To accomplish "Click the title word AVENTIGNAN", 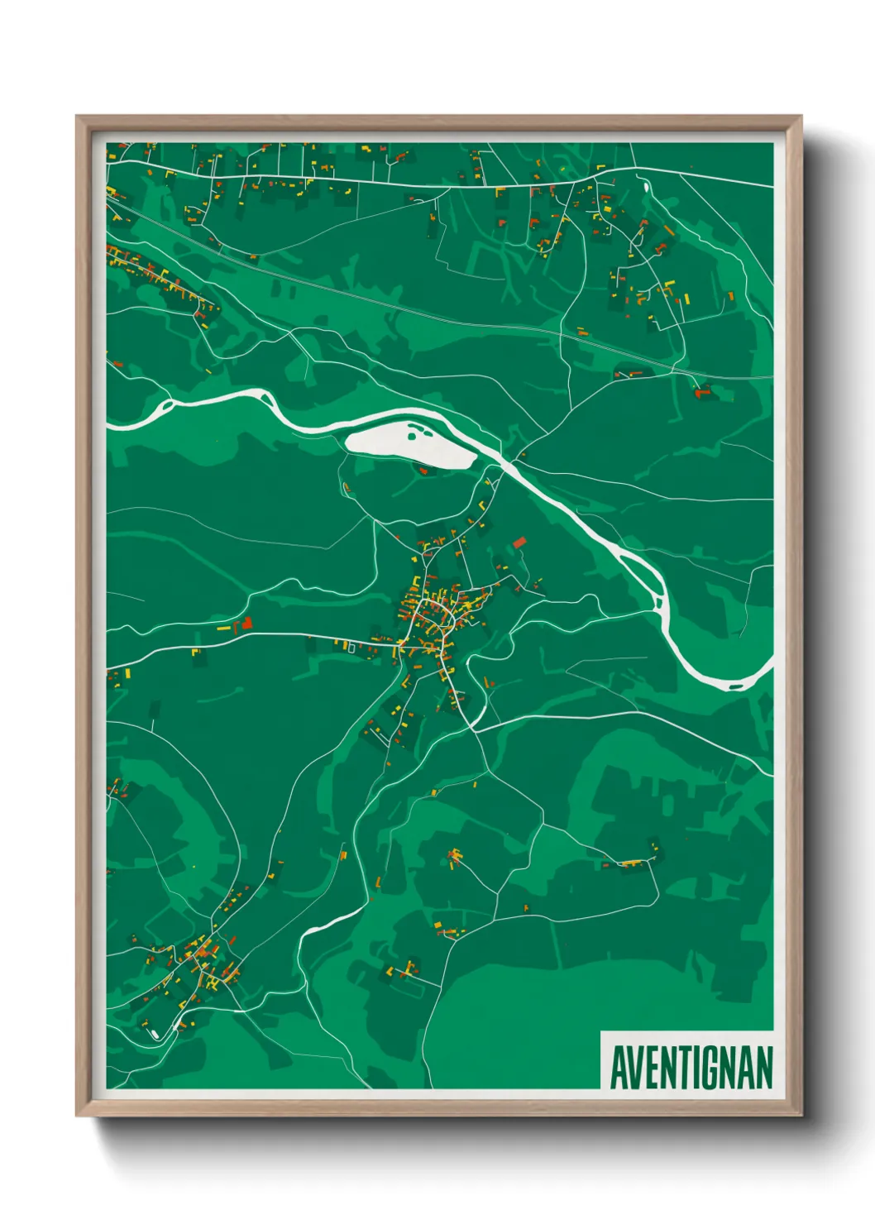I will click(x=691, y=1068).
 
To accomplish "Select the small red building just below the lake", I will click(x=425, y=471).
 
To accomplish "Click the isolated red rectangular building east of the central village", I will click(x=519, y=543).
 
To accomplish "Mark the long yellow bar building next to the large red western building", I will click(x=223, y=629).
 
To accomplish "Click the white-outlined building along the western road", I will click(x=351, y=649).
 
